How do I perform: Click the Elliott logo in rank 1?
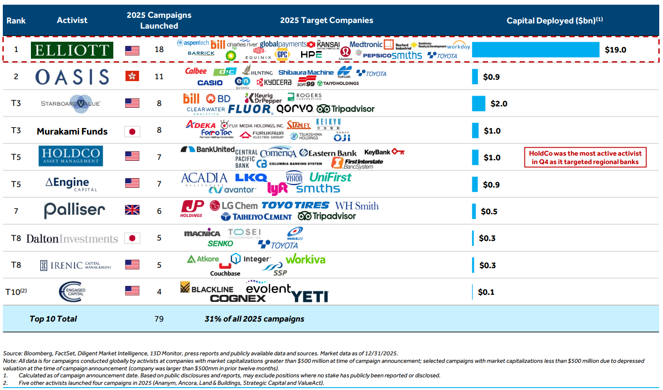coord(72,50)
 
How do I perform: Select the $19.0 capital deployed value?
coord(615,50)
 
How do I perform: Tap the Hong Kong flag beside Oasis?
coord(132,76)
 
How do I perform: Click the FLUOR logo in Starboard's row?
coord(250,110)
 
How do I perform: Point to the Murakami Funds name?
coord(72,131)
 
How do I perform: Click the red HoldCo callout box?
coord(585,157)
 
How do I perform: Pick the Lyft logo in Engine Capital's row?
coord(277,188)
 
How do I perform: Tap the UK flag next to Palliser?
coord(132,211)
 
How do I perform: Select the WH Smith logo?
coord(357,205)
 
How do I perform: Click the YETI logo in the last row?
coord(309,297)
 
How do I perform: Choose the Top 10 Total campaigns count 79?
coord(159,319)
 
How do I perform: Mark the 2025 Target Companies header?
coord(326,20)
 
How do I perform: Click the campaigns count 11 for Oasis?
coord(159,76)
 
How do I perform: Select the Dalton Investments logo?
coord(72,239)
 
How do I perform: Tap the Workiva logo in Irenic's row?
coord(305,259)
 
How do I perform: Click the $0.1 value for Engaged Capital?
coord(486,292)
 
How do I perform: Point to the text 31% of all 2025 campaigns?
coord(254,319)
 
